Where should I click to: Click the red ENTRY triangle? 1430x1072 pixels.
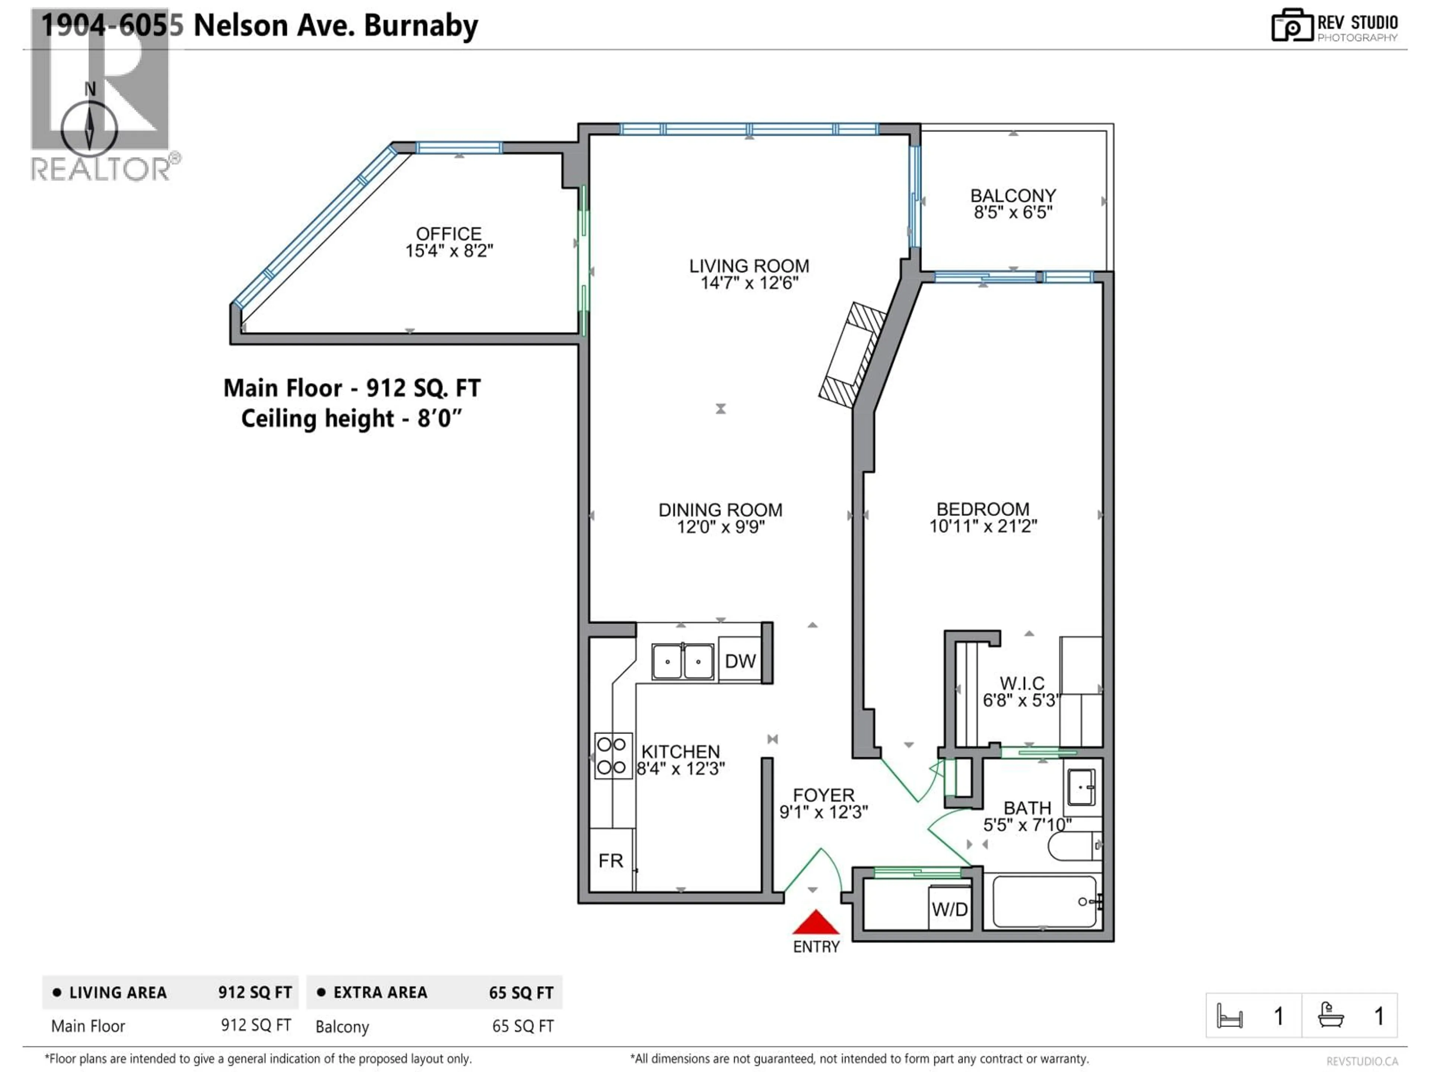point(816,923)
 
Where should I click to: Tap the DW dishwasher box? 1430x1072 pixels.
point(740,660)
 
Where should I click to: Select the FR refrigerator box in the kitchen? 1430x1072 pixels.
point(611,860)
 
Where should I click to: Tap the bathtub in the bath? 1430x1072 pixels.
point(1044,902)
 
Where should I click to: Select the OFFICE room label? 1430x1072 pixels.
point(449,234)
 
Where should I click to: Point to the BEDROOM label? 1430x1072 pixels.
point(983,509)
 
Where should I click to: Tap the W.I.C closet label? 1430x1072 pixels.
point(1021,683)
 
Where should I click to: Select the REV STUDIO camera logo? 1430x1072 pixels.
point(1291,26)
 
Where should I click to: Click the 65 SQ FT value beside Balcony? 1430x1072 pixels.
point(522,1026)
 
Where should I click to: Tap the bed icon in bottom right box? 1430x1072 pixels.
point(1229,1016)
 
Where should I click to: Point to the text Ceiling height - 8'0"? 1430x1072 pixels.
point(352,419)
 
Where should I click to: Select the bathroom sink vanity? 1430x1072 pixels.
point(1081,787)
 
